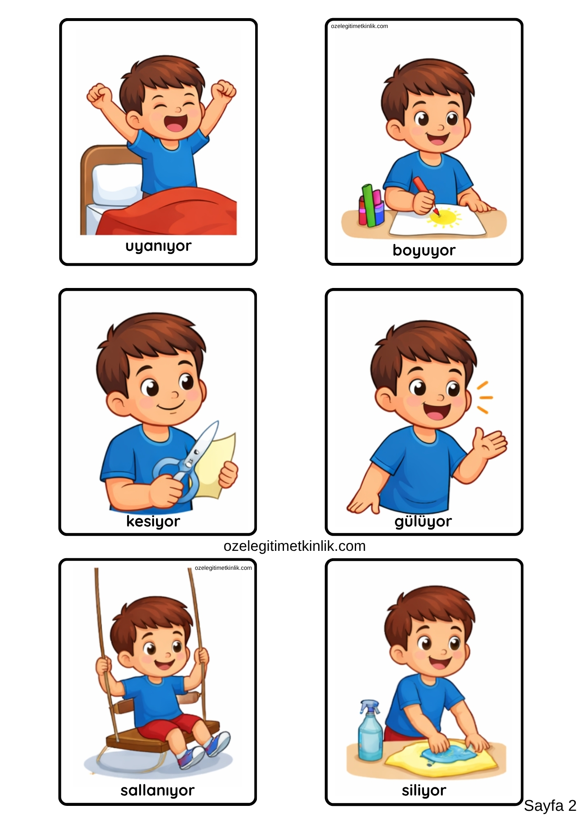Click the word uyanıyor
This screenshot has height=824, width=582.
point(158,246)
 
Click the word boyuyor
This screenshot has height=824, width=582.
point(424,250)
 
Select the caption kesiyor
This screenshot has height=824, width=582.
point(153,521)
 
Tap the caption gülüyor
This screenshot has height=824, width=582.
point(423,522)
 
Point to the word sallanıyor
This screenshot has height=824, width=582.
point(157,790)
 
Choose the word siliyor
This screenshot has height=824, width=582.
point(424,790)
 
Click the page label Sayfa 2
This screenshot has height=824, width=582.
point(550,806)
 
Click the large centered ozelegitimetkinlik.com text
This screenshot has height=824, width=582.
point(294,546)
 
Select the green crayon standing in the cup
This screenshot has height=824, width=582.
point(368,205)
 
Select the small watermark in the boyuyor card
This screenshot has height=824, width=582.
point(359,26)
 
